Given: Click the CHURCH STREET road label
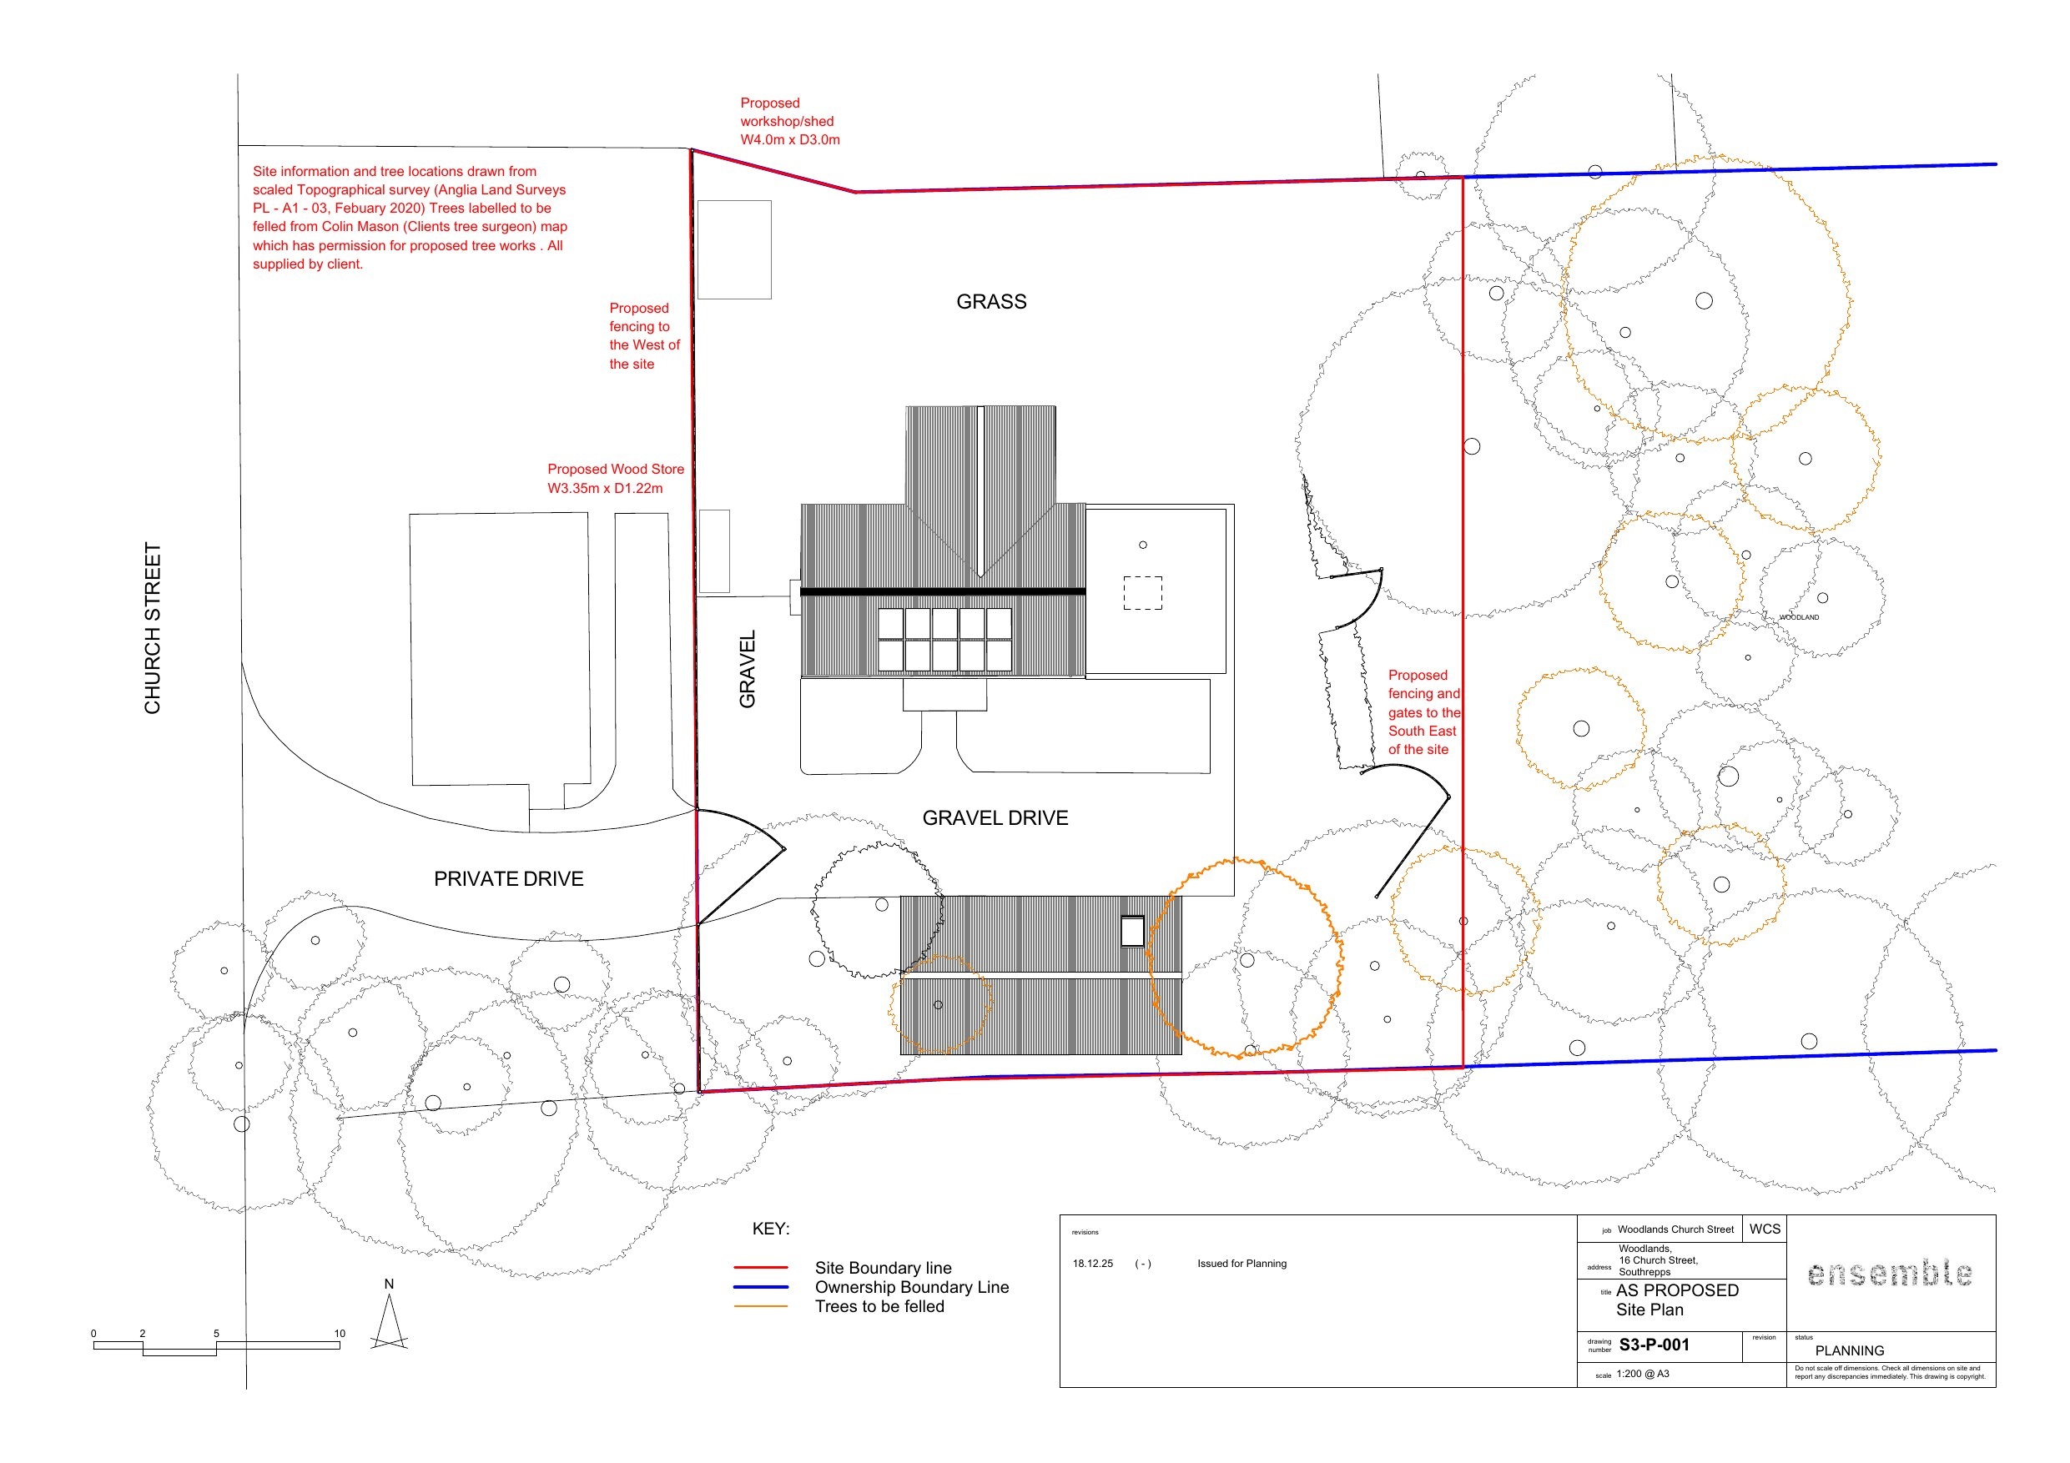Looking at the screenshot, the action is [153, 628].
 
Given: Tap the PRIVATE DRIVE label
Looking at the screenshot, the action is [508, 879].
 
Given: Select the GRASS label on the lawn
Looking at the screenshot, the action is [991, 302].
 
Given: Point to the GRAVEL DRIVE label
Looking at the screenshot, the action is [995, 817].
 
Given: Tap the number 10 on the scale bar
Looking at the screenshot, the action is [339, 1333].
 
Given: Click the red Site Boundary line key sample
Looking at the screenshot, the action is [760, 1267].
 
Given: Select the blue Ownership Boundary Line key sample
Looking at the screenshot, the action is [760, 1286].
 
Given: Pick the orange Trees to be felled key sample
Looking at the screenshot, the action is [760, 1306].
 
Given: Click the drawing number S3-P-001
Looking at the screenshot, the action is [1654, 1345].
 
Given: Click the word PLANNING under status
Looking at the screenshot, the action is [1849, 1350].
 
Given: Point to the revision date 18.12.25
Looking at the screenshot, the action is [1093, 1264].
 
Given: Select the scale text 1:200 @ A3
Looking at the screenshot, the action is [1643, 1374].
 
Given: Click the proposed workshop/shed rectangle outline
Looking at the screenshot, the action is [735, 249].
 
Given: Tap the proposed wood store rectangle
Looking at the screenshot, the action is [714, 551].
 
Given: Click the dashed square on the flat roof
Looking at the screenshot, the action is [1142, 593].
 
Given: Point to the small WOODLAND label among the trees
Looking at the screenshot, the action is [1799, 617].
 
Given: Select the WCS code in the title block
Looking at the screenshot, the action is [1765, 1229].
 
